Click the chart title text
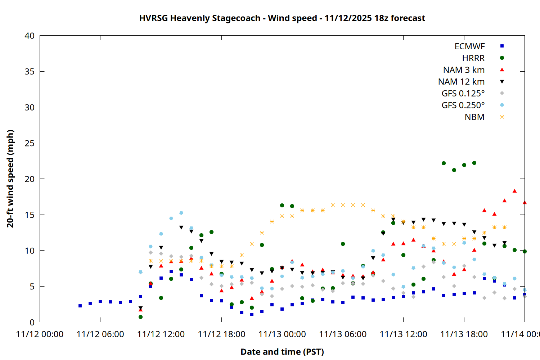[x=282, y=18]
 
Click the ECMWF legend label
[x=469, y=46]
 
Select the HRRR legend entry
[x=473, y=58]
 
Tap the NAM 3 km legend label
[x=464, y=70]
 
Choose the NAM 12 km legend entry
[x=461, y=82]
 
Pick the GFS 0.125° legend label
[x=463, y=94]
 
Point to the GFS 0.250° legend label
[x=463, y=105]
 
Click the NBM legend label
[x=474, y=117]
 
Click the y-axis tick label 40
[x=30, y=36]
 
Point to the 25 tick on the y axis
[x=30, y=143]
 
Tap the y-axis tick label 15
[x=30, y=215]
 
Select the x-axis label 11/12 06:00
[x=100, y=334]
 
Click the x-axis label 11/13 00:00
[x=282, y=334]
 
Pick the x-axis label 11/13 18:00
[x=464, y=334]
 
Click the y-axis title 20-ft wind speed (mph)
[x=10, y=179]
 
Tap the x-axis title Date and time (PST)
[x=282, y=352]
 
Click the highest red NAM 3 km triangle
[x=514, y=191]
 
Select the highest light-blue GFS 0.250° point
[x=181, y=213]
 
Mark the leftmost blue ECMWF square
[x=80, y=306]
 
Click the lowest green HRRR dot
[x=140, y=317]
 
